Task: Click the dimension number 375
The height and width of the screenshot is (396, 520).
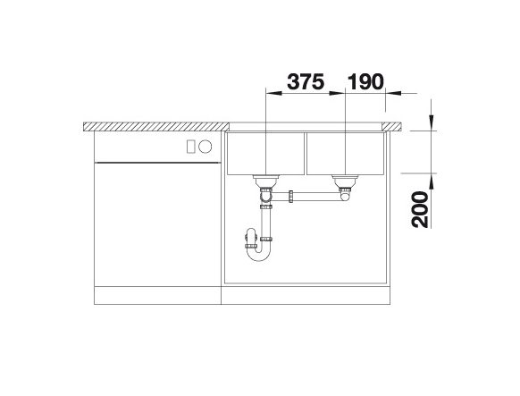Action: click(x=305, y=81)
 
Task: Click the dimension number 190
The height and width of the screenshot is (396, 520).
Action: click(x=365, y=81)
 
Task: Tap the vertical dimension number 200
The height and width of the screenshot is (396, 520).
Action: click(x=420, y=209)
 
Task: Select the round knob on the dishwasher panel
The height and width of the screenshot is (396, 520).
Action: click(x=205, y=147)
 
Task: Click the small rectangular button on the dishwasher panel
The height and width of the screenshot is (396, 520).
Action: click(x=190, y=147)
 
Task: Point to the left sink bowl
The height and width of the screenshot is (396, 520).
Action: click(x=265, y=154)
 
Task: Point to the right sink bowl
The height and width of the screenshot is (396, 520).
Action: click(x=345, y=154)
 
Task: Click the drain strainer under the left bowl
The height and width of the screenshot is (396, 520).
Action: click(x=266, y=181)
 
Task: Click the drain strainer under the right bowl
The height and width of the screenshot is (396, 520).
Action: click(x=345, y=181)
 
